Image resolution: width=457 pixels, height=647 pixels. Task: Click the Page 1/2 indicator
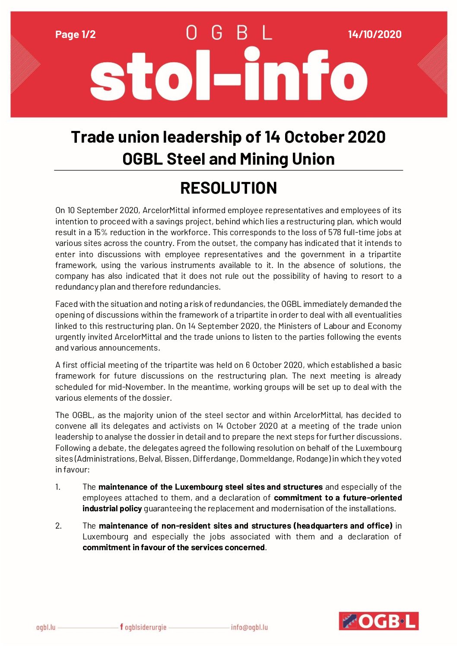click(76, 35)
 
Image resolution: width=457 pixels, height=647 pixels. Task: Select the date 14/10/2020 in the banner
click(374, 35)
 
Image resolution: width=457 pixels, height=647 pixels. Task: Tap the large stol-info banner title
click(228, 76)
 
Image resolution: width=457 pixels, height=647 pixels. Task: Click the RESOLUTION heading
click(228, 188)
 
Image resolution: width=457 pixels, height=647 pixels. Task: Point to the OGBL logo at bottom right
click(378, 621)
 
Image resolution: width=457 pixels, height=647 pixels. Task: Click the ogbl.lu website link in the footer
click(46, 627)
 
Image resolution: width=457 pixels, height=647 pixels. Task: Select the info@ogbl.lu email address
click(249, 627)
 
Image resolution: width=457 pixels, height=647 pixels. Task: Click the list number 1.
click(58, 487)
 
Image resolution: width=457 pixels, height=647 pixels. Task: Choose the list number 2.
click(58, 526)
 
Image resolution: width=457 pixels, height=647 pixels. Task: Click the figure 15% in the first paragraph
click(101, 233)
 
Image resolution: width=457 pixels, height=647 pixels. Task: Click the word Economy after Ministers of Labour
click(384, 326)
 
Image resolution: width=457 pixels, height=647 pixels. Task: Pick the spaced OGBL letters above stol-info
click(228, 33)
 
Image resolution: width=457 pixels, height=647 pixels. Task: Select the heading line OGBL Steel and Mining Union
click(228, 159)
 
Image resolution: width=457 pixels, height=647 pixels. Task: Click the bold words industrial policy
click(112, 509)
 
